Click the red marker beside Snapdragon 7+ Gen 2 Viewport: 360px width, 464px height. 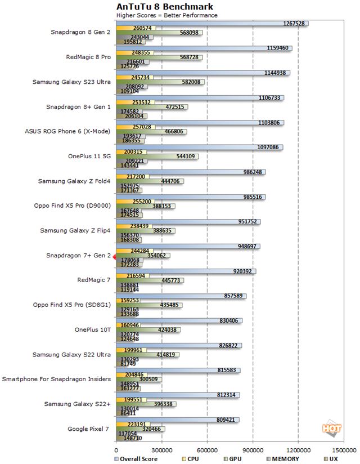114,257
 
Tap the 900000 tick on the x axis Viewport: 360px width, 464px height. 253,450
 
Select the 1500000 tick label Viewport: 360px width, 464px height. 343,450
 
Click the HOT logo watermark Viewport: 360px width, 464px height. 331,429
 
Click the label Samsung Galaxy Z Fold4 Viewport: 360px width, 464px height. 75,181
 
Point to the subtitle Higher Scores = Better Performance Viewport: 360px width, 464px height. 166,15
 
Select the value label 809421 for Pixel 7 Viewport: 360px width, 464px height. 225,420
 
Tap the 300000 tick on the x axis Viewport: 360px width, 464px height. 161,450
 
